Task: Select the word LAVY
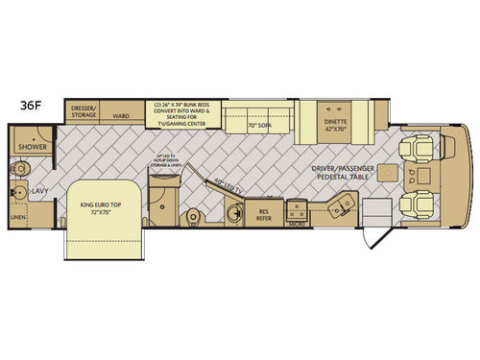coord(40,191)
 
